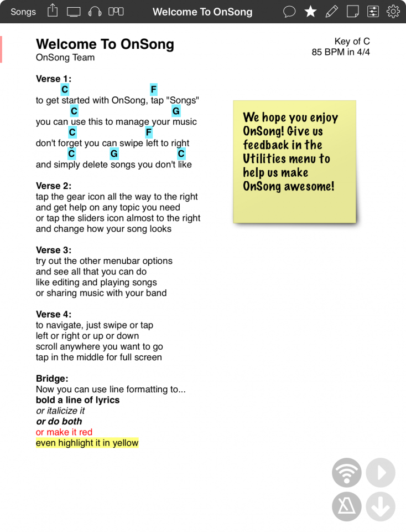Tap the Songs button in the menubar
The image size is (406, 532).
pos(23,12)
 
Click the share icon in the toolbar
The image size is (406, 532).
pos(53,11)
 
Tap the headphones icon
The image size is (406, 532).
pos(95,12)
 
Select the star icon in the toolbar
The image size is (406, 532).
pos(311,12)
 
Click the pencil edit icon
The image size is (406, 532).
pos(331,12)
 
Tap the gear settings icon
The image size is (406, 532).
pos(393,12)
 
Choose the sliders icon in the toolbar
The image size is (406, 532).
pos(373,12)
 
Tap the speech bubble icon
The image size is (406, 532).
pos(289,12)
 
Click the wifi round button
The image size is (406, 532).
pos(347,473)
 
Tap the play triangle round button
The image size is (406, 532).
pos(381,473)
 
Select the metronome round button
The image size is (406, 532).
pos(347,507)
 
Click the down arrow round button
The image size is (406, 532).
pos(381,507)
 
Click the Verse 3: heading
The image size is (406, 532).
pos(54,250)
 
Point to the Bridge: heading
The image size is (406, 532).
pos(52,378)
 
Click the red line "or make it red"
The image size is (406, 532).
pos(64,432)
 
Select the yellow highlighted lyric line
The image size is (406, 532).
pos(87,443)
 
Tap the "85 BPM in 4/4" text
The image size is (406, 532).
pos(341,53)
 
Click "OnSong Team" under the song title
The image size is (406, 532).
pos(65,58)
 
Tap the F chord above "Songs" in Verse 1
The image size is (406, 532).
pos(154,90)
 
